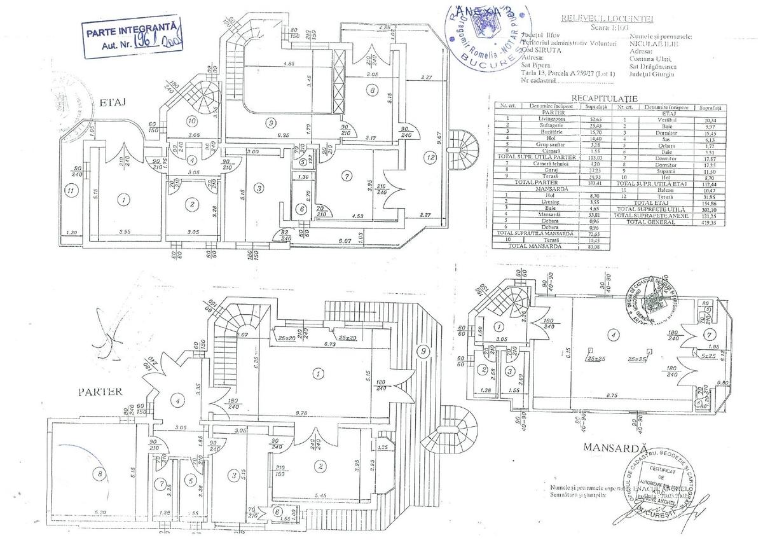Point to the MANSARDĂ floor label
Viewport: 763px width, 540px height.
pyautogui.click(x=614, y=448)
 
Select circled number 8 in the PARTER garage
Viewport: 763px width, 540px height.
pyautogui.click(x=98, y=473)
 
